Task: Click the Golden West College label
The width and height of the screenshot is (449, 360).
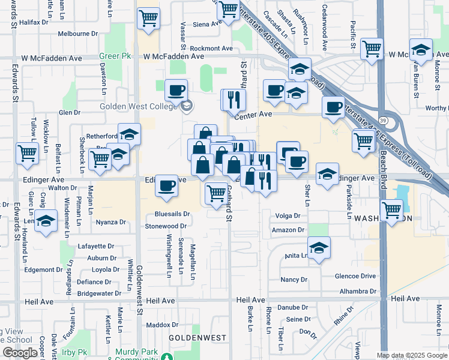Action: pyautogui.click(x=137, y=107)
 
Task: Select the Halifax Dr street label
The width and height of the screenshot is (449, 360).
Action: pyautogui.click(x=34, y=22)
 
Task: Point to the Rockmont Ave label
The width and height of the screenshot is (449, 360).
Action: pyautogui.click(x=211, y=48)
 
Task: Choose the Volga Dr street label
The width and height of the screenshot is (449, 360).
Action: pyautogui.click(x=287, y=216)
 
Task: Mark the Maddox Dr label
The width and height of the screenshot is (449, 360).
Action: pyautogui.click(x=158, y=325)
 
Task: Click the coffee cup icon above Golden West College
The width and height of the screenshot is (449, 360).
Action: pyautogui.click(x=176, y=90)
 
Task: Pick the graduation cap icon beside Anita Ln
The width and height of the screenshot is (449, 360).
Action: pyautogui.click(x=319, y=247)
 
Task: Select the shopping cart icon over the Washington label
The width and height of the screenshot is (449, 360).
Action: pyautogui.click(x=392, y=210)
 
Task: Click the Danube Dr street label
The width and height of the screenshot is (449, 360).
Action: pyautogui.click(x=293, y=307)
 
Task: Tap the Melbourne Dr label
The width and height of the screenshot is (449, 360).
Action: pyautogui.click(x=78, y=34)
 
